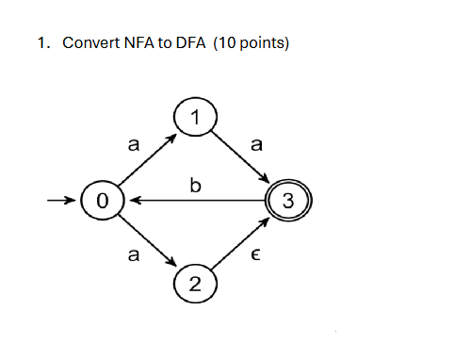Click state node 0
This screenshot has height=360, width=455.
click(x=103, y=201)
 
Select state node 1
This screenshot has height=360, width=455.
click(x=195, y=118)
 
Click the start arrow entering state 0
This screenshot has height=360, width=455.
click(x=64, y=201)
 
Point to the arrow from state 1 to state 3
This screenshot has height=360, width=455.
click(x=242, y=158)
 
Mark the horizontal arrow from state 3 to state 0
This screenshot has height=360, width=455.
click(x=195, y=201)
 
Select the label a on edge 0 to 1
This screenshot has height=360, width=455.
click(x=133, y=145)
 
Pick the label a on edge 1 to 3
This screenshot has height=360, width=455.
click(x=257, y=145)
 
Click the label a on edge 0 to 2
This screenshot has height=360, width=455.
click(x=133, y=255)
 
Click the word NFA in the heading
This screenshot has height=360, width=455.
click(x=141, y=44)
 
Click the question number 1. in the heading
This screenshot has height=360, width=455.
click(x=43, y=44)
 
